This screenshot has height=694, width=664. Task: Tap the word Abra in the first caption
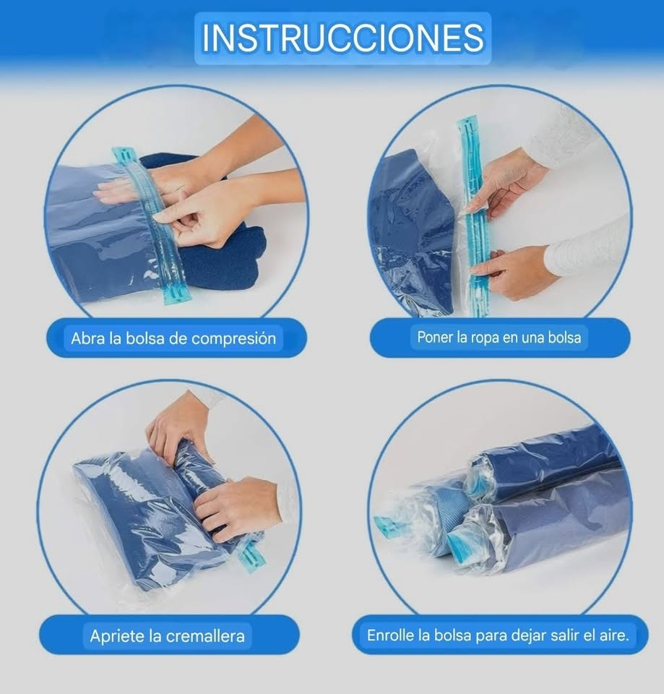coord(87,338)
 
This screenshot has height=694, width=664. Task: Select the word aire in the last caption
coord(614,636)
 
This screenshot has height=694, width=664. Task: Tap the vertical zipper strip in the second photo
coord(473,217)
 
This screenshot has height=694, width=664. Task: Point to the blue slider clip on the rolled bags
coord(391,526)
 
